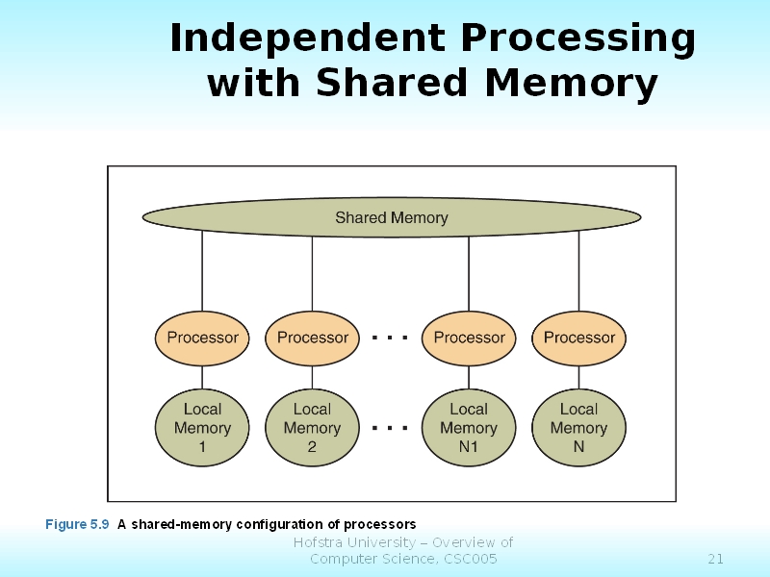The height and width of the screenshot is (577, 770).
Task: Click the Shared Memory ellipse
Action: [x=391, y=217]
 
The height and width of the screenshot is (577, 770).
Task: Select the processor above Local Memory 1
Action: [x=202, y=338]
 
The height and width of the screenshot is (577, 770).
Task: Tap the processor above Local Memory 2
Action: [x=312, y=338]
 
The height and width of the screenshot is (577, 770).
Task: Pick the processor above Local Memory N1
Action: [x=469, y=338]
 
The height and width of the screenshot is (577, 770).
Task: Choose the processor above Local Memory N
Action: [x=578, y=338]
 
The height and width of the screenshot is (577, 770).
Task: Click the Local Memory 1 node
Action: [x=202, y=428]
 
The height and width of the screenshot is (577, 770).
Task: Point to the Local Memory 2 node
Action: [x=312, y=428]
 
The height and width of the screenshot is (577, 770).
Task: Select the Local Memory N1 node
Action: [x=469, y=428]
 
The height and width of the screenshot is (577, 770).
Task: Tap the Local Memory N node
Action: [x=578, y=428]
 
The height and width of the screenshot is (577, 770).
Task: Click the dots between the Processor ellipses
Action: [x=390, y=338]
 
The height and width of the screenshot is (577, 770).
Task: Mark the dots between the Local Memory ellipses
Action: [x=390, y=427]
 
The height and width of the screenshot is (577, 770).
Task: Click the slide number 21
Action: [x=715, y=559]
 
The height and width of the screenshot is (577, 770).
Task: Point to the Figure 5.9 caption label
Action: [x=78, y=524]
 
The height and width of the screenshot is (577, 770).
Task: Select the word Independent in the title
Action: [x=306, y=39]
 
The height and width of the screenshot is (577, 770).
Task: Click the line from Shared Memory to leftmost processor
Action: [x=202, y=272]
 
